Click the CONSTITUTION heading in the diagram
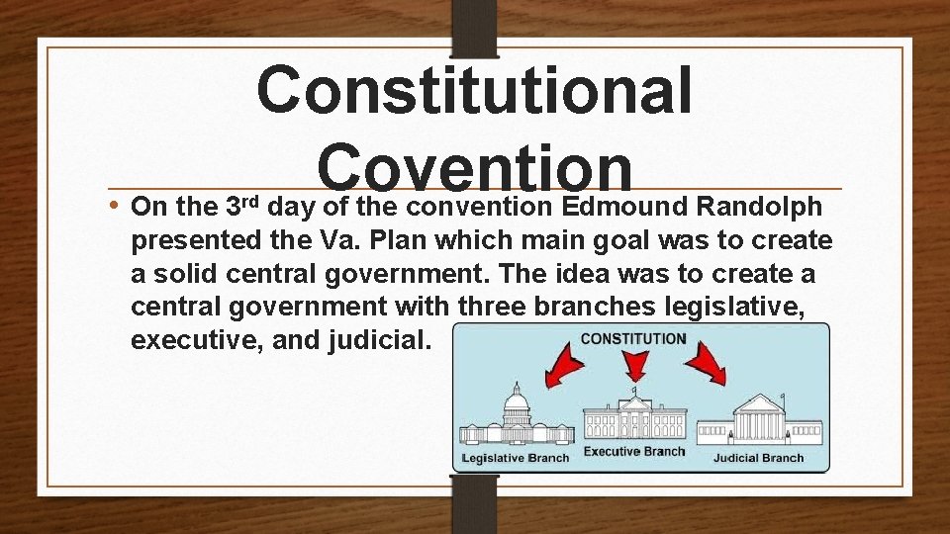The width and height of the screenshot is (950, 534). (633, 338)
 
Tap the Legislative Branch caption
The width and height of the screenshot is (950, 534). (516, 458)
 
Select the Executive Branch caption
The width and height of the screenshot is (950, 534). (633, 452)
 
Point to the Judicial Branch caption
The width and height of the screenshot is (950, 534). (758, 458)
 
